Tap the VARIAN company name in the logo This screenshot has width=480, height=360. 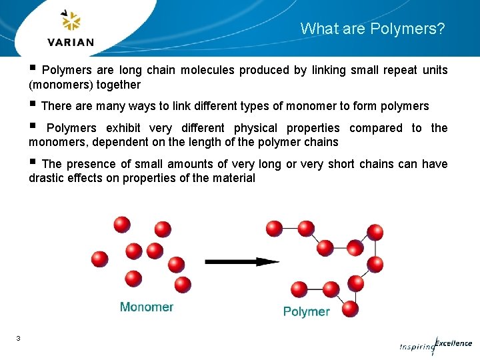pos(71,42)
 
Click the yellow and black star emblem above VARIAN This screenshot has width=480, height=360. pos(71,21)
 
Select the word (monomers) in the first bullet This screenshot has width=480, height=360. pos(60,85)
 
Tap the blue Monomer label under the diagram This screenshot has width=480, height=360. pos(147,307)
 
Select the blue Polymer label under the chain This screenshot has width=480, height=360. pos(306,311)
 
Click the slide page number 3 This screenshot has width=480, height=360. pos(18,339)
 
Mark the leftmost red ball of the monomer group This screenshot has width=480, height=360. pos(100,259)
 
